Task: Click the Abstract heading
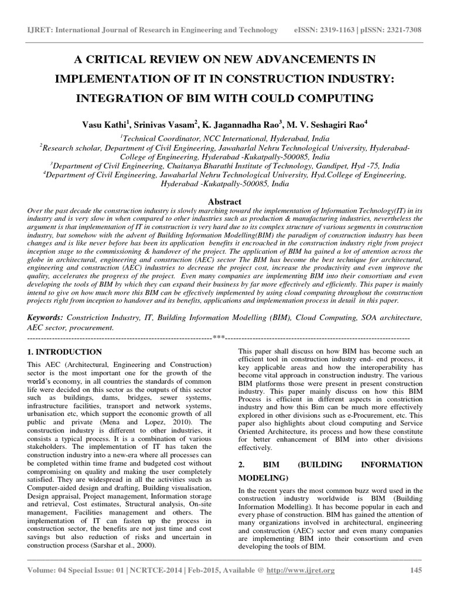[x=225, y=200]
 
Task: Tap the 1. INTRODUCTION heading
[x=64, y=352]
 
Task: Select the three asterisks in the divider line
[x=219, y=338]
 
